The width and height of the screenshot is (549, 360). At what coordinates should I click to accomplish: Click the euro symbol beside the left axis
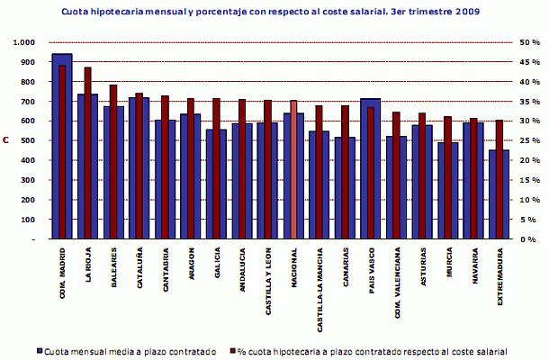(6, 141)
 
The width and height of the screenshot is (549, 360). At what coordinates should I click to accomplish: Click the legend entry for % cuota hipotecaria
(369, 350)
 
